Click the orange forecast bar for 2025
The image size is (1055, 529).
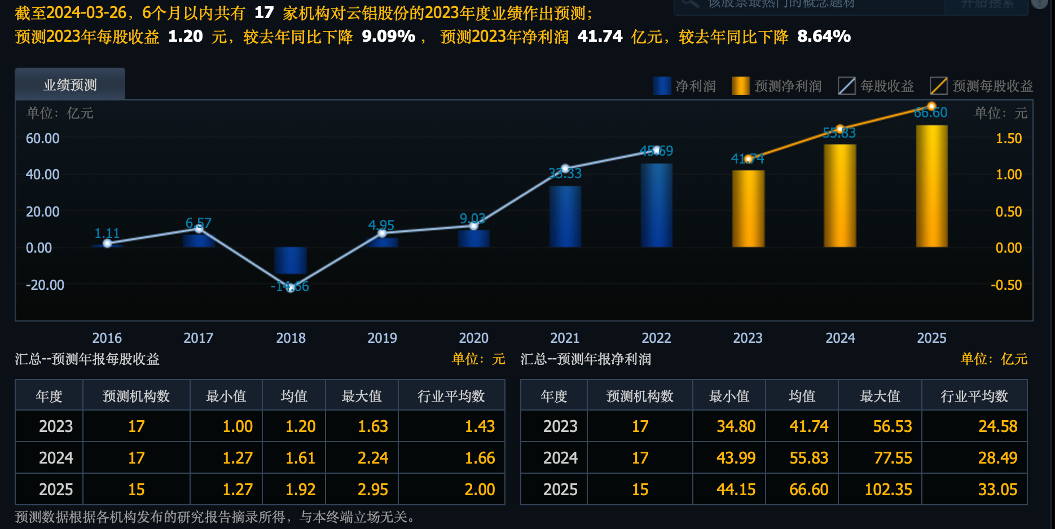(x=931, y=186)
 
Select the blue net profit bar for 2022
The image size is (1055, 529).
(x=656, y=205)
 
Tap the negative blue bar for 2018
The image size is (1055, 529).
(x=291, y=261)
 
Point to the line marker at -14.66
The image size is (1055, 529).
(x=291, y=288)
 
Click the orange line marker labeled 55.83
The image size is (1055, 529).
(x=839, y=129)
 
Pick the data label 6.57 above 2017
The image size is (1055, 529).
(x=199, y=223)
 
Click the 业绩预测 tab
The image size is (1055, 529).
(x=70, y=85)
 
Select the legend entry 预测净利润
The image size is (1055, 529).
(x=777, y=86)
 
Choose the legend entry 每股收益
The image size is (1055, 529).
(x=876, y=86)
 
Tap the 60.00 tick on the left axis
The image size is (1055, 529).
(x=42, y=138)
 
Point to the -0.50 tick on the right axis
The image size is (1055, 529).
(x=1006, y=285)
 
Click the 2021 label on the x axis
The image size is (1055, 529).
(x=565, y=338)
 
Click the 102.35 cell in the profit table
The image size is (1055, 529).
(x=888, y=490)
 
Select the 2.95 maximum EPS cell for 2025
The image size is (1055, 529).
(x=372, y=490)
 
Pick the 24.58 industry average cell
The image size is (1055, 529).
(x=997, y=426)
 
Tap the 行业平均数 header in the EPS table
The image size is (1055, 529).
(x=451, y=396)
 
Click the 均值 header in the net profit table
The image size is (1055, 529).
(x=802, y=396)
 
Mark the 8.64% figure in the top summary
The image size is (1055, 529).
(x=823, y=37)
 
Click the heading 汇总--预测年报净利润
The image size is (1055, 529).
(x=585, y=359)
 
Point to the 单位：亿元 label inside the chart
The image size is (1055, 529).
(x=59, y=113)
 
